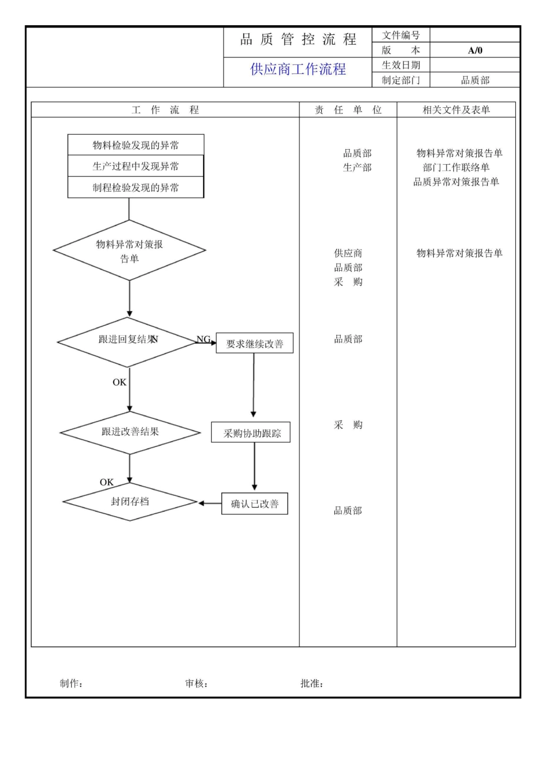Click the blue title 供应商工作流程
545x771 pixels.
pyautogui.click(x=298, y=69)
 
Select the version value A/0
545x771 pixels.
pyautogui.click(x=475, y=50)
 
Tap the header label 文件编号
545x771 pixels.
pyautogui.click(x=401, y=36)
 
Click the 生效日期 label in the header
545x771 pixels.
pyautogui.click(x=401, y=65)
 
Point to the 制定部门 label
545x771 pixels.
pyautogui.click(x=401, y=80)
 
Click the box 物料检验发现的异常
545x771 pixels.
pyautogui.click(x=136, y=145)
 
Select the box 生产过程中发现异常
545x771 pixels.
pyautogui.click(x=136, y=166)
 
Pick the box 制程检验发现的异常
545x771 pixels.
pyautogui.click(x=136, y=188)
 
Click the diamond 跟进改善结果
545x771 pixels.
pyautogui.click(x=130, y=432)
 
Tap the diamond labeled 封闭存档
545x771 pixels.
pyautogui.click(x=130, y=502)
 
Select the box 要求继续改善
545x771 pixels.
pyautogui.click(x=255, y=344)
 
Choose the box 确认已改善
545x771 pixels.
pyautogui.click(x=255, y=504)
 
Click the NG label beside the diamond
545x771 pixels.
pyautogui.click(x=204, y=339)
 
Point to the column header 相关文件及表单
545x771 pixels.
pyautogui.click(x=456, y=110)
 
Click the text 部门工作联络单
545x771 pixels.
pyautogui.click(x=456, y=168)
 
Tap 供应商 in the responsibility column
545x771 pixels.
pyautogui.click(x=348, y=253)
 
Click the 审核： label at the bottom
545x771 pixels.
pyautogui.click(x=196, y=683)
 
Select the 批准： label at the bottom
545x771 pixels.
pyautogui.click(x=312, y=683)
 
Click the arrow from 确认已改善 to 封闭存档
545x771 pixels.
pyautogui.click(x=210, y=504)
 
